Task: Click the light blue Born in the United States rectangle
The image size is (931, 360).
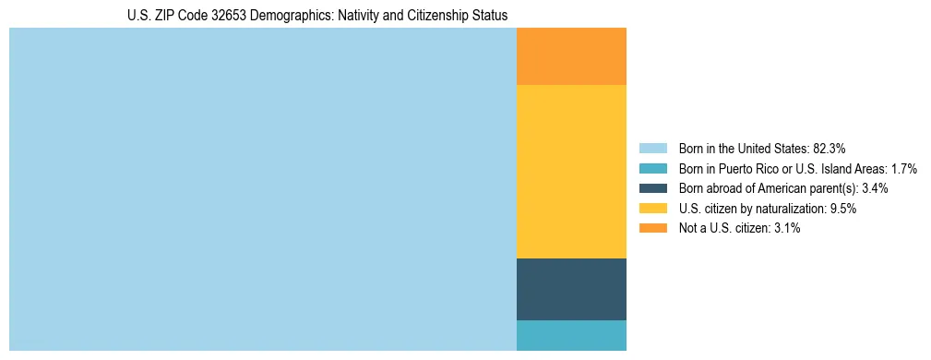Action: (262, 189)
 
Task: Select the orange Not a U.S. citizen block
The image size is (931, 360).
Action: (571, 56)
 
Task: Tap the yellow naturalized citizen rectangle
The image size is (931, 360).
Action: (571, 172)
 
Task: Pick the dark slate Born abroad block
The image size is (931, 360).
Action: (571, 289)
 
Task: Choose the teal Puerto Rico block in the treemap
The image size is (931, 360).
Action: (571, 335)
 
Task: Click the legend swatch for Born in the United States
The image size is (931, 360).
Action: (652, 148)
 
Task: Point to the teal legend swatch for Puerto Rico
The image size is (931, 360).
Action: (652, 168)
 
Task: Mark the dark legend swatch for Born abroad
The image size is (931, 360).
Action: (652, 188)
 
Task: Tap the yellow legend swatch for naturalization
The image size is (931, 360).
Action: (652, 209)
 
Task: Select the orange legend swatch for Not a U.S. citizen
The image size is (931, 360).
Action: (652, 228)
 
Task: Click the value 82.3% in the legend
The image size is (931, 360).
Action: (830, 148)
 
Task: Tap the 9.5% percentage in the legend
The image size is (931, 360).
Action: (843, 209)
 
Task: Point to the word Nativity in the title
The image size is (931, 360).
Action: (355, 16)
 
